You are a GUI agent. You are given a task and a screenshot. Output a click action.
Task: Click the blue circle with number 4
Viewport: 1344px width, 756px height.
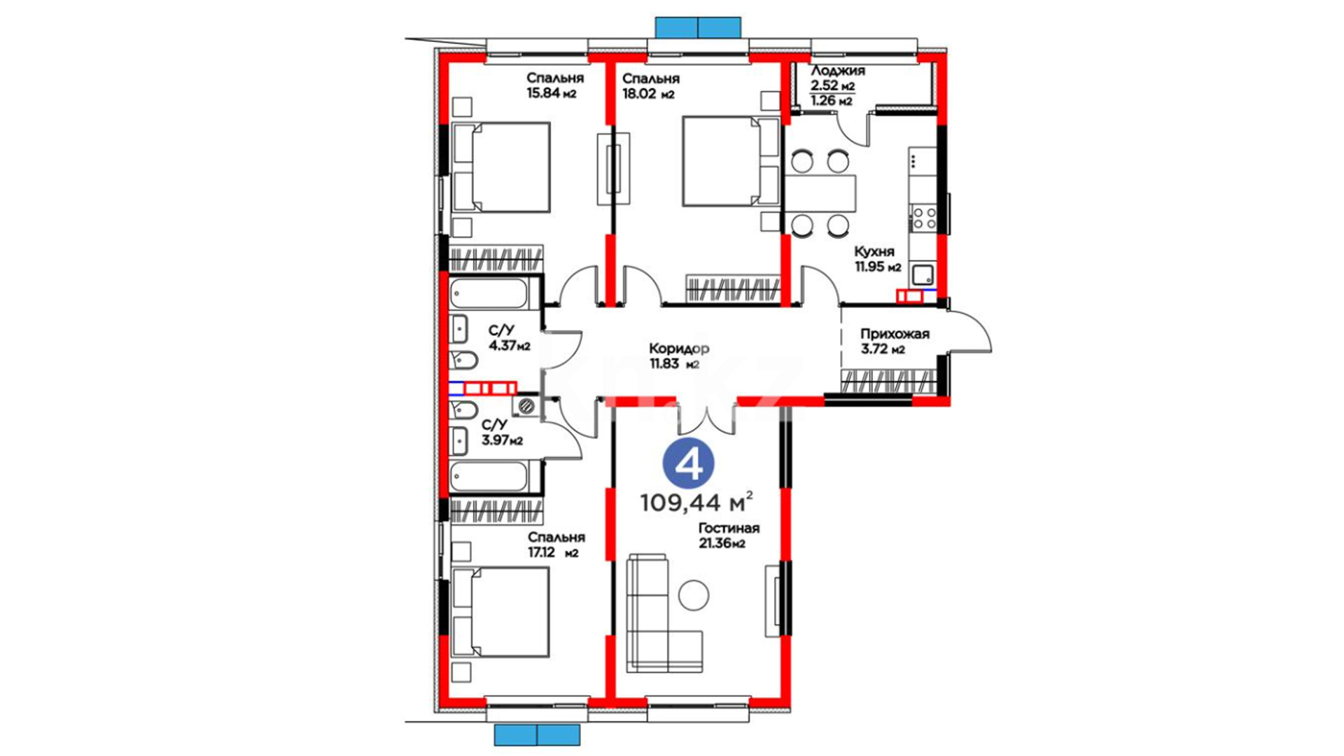pyautogui.click(x=688, y=463)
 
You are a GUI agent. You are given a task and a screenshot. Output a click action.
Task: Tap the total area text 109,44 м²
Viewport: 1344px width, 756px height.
pyautogui.click(x=696, y=502)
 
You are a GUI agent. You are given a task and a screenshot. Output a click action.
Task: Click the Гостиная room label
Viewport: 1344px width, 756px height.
pyautogui.click(x=729, y=528)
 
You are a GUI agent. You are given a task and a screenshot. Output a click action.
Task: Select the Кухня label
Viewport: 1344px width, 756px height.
pyautogui.click(x=874, y=251)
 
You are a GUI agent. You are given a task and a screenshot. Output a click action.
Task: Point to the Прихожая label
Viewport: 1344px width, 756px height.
pyautogui.click(x=895, y=334)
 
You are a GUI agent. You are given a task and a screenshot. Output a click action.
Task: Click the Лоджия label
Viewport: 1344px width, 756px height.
pyautogui.click(x=838, y=71)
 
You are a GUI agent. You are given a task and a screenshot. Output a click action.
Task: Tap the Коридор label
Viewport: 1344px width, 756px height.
pyautogui.click(x=678, y=348)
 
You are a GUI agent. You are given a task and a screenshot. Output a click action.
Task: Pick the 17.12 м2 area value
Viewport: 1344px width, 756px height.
pyautogui.click(x=553, y=553)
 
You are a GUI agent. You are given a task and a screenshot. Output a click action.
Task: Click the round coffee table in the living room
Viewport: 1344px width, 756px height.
pyautogui.click(x=694, y=595)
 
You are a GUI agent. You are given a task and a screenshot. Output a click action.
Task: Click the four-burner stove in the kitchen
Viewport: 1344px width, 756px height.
pyautogui.click(x=923, y=216)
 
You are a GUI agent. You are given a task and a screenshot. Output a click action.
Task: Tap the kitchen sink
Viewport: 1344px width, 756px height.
pyautogui.click(x=923, y=274)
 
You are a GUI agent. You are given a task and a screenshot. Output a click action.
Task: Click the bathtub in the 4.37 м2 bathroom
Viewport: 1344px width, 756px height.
pyautogui.click(x=489, y=294)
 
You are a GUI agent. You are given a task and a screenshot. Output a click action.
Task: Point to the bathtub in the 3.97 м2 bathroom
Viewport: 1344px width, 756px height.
pyautogui.click(x=489, y=477)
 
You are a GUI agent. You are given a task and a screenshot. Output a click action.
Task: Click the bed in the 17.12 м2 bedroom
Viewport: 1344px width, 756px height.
pyautogui.click(x=500, y=612)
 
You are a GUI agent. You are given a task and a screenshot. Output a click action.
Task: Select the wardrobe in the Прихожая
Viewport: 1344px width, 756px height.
pyautogui.click(x=888, y=382)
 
